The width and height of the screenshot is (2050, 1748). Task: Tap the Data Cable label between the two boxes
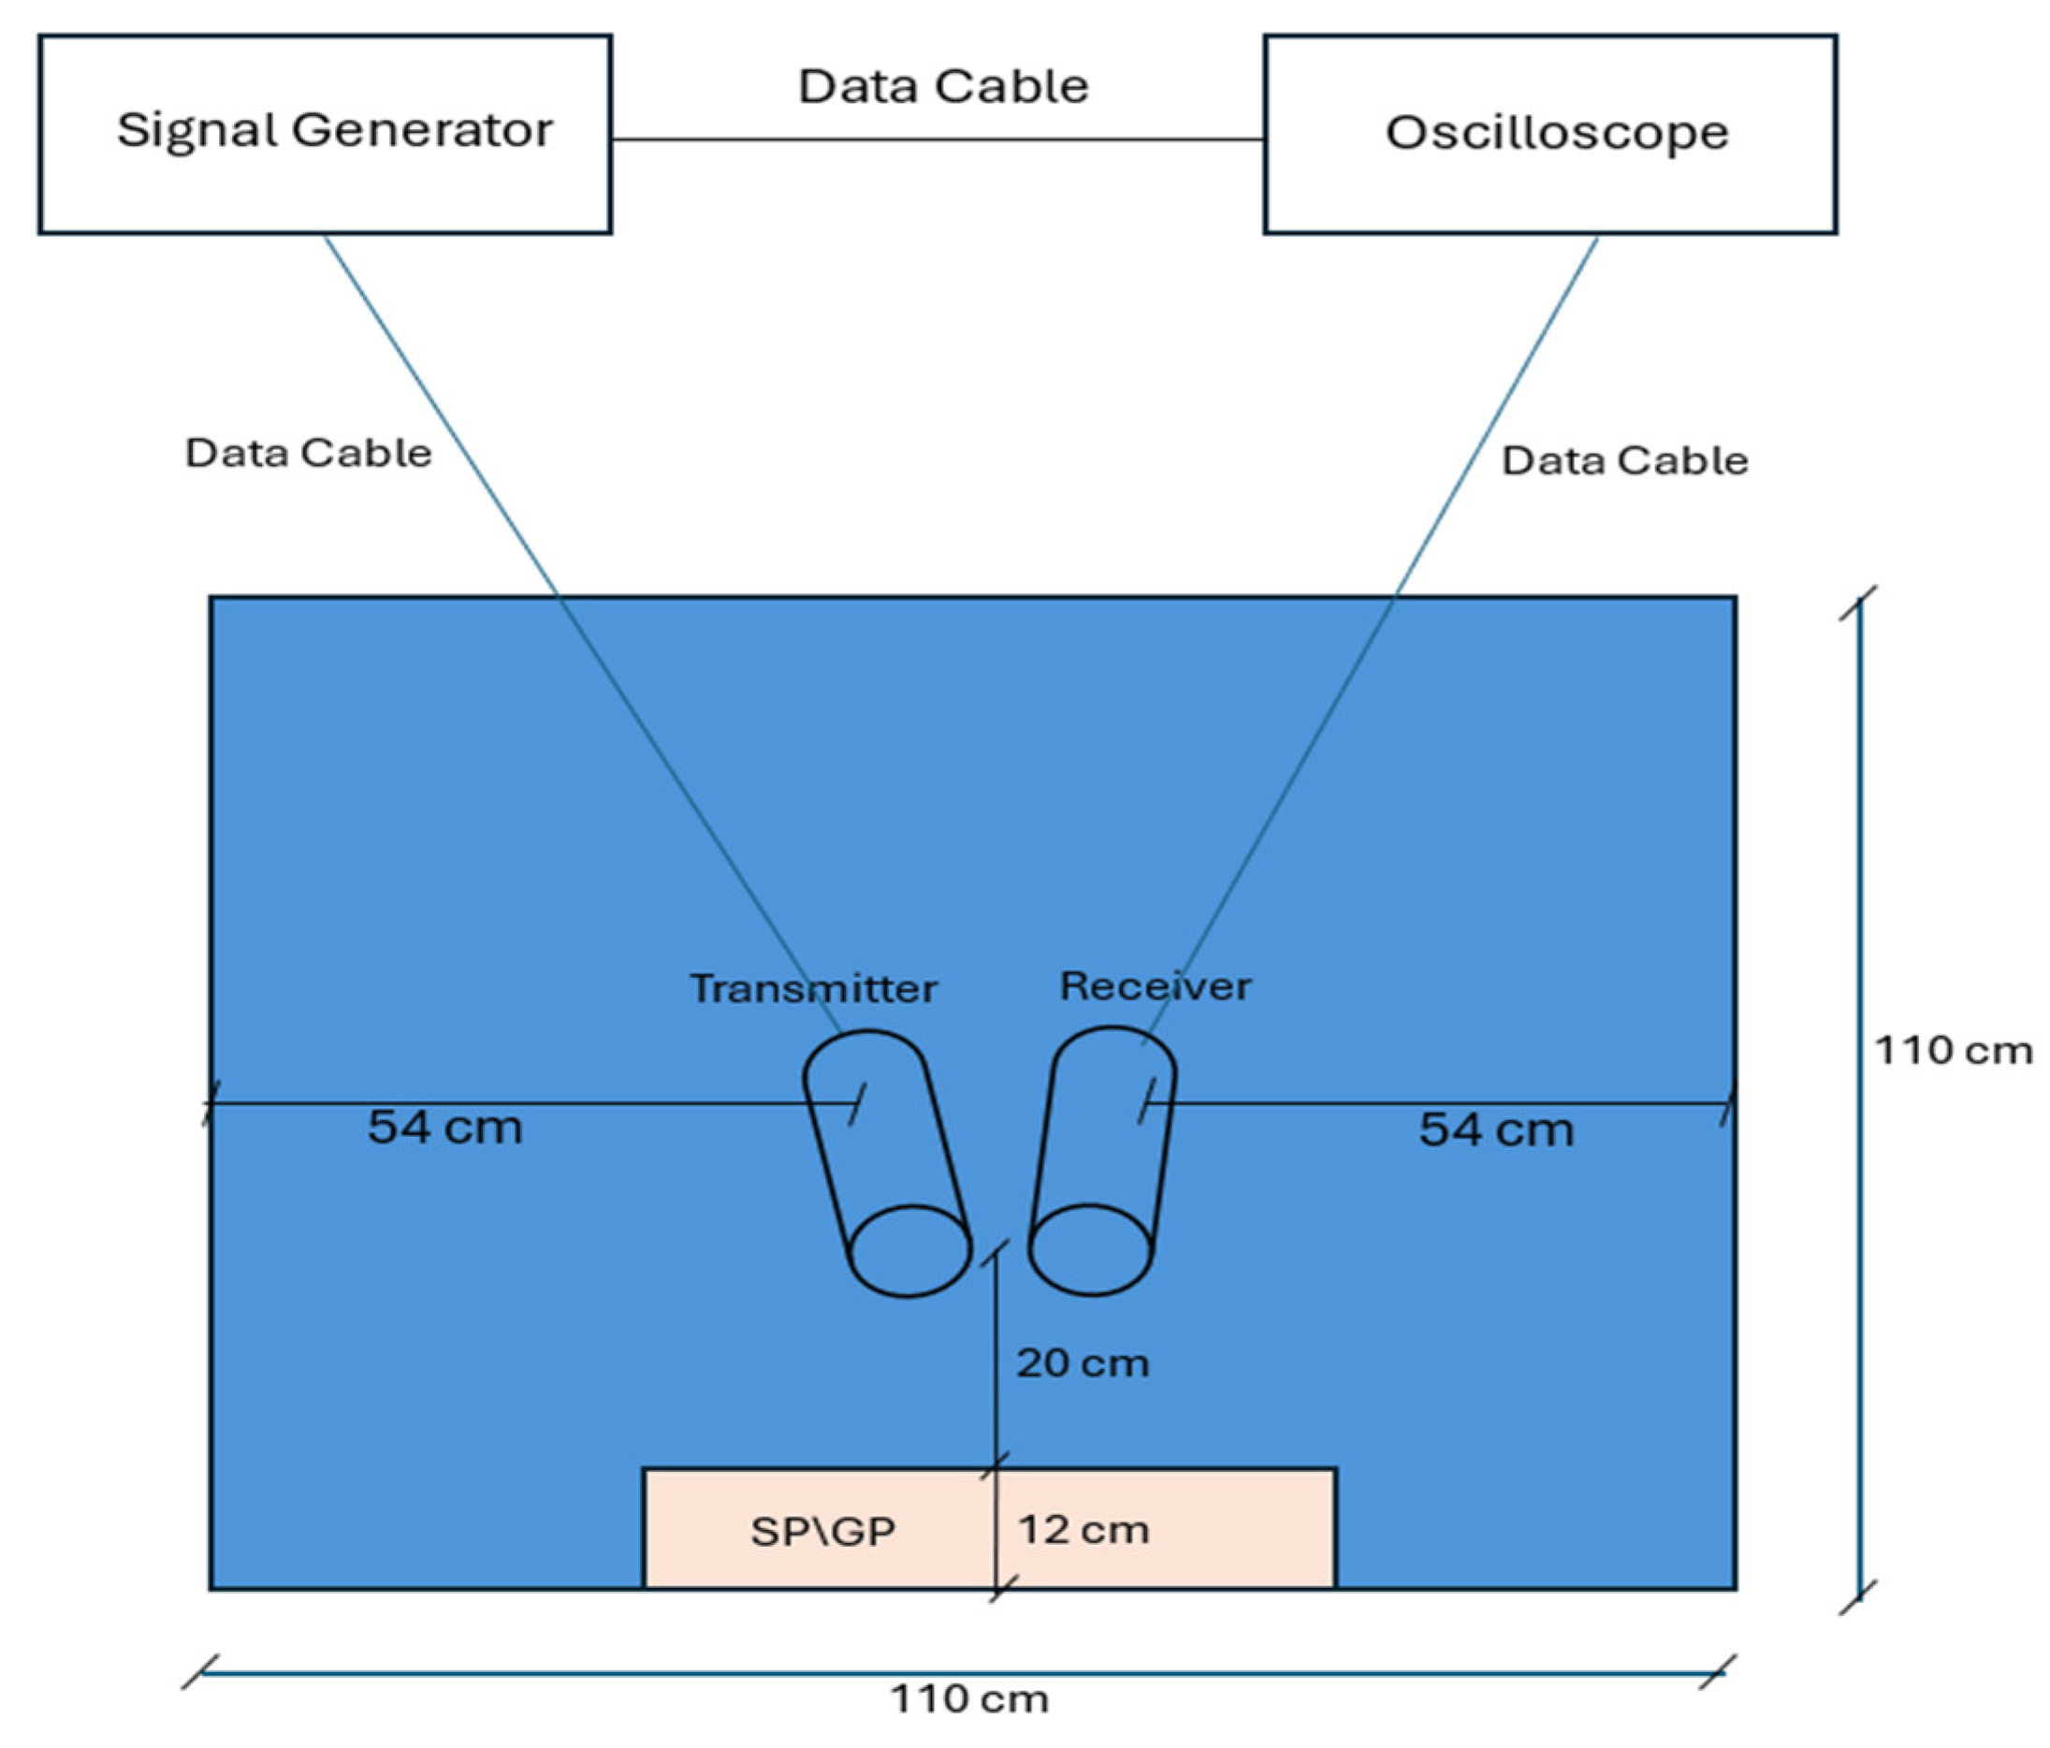[x=943, y=87]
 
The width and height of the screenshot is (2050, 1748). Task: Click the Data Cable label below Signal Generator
[x=309, y=453]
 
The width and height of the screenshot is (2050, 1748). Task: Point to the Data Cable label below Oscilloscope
[x=1624, y=461]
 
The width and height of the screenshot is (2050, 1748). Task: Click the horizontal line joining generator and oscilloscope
[x=938, y=139]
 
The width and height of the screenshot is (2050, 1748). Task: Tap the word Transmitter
[x=813, y=988]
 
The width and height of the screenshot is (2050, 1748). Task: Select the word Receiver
[x=1156, y=986]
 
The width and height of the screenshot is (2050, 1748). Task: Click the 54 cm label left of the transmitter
[x=445, y=1127]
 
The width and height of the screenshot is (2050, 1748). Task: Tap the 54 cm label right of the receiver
[x=1496, y=1129]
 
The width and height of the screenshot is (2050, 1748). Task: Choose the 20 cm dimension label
[x=1083, y=1363]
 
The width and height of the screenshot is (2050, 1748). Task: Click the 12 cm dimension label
[x=1083, y=1529]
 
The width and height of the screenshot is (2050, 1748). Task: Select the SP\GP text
[x=823, y=1531]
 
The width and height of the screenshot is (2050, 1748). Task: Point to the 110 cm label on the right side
[x=1953, y=1050]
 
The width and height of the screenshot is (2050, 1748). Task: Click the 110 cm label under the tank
[x=969, y=1698]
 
